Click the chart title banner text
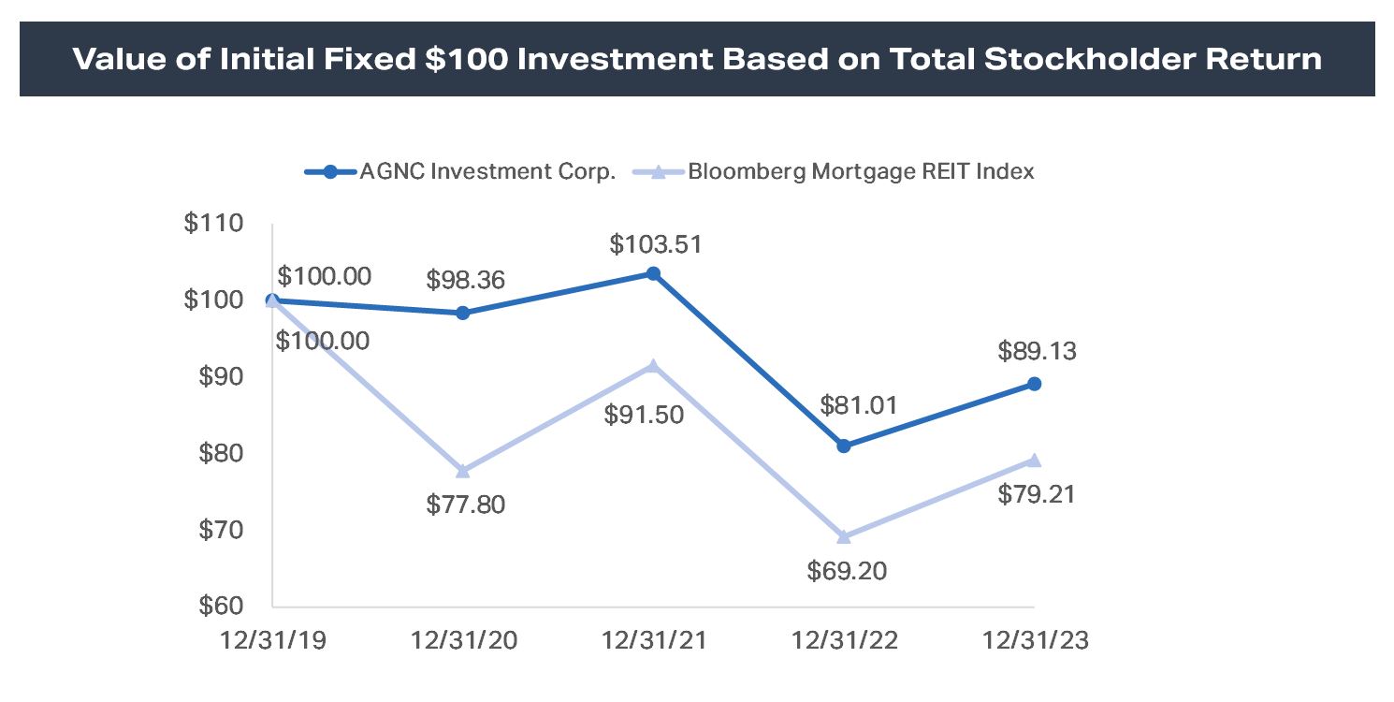tap(697, 59)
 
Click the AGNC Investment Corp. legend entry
tap(487, 171)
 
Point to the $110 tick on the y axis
tap(214, 224)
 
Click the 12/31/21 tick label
tap(653, 642)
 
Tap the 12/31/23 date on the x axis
tap(1033, 642)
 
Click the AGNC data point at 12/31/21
tap(654, 273)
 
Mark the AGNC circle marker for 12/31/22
tap(844, 446)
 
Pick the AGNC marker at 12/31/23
tap(1034, 384)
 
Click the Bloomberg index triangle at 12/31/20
tap(463, 470)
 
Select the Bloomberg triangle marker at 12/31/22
tap(844, 536)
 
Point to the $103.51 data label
tap(655, 245)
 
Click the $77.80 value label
tap(465, 505)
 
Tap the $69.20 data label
tap(846, 571)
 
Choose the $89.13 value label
tap(1037, 352)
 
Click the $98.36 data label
tap(465, 280)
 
